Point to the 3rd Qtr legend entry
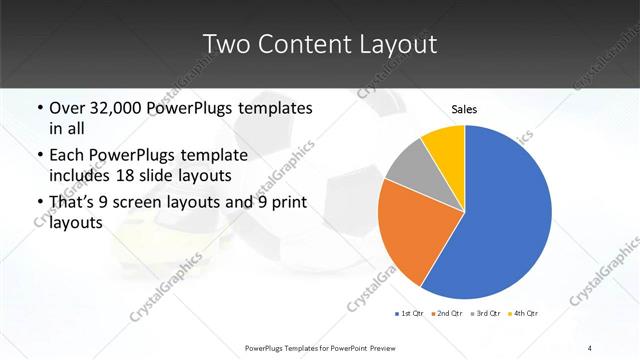pos(486,314)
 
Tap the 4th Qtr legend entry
pos(524,314)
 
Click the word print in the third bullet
pos(291,203)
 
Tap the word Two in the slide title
pos(225,44)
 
